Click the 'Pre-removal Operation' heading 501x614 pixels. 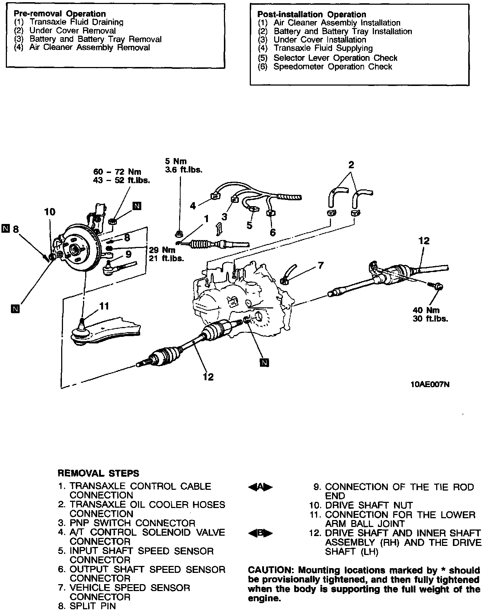tap(60, 14)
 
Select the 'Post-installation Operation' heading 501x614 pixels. tap(311, 15)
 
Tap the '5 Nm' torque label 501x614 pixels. tap(176, 161)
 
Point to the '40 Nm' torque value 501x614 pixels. tap(426, 310)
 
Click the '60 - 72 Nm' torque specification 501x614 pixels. tap(117, 172)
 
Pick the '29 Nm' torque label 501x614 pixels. tap(162, 250)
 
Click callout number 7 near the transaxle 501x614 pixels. tap(320, 265)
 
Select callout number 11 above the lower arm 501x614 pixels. tap(104, 306)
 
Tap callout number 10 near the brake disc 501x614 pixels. tap(50, 212)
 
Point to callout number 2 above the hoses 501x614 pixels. tap(351, 165)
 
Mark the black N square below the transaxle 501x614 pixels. tap(264, 362)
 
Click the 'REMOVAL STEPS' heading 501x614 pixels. tap(98, 473)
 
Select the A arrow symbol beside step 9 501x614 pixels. tap(260, 487)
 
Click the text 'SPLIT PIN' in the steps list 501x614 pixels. tap(92, 606)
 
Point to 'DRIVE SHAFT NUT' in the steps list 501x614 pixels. tap(369, 505)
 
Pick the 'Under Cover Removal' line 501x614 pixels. tap(72, 31)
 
